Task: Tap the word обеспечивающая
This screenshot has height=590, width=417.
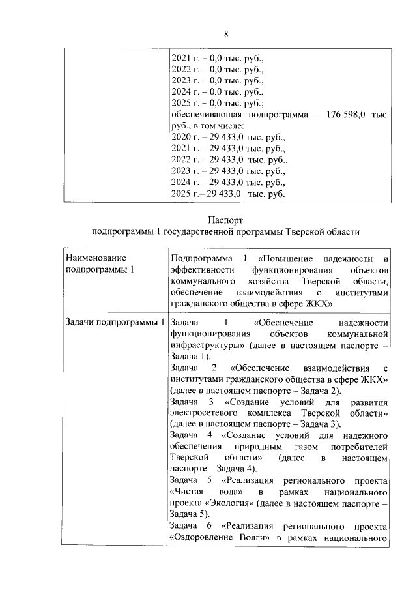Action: click(x=207, y=115)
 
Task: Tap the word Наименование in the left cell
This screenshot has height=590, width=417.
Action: click(x=97, y=258)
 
